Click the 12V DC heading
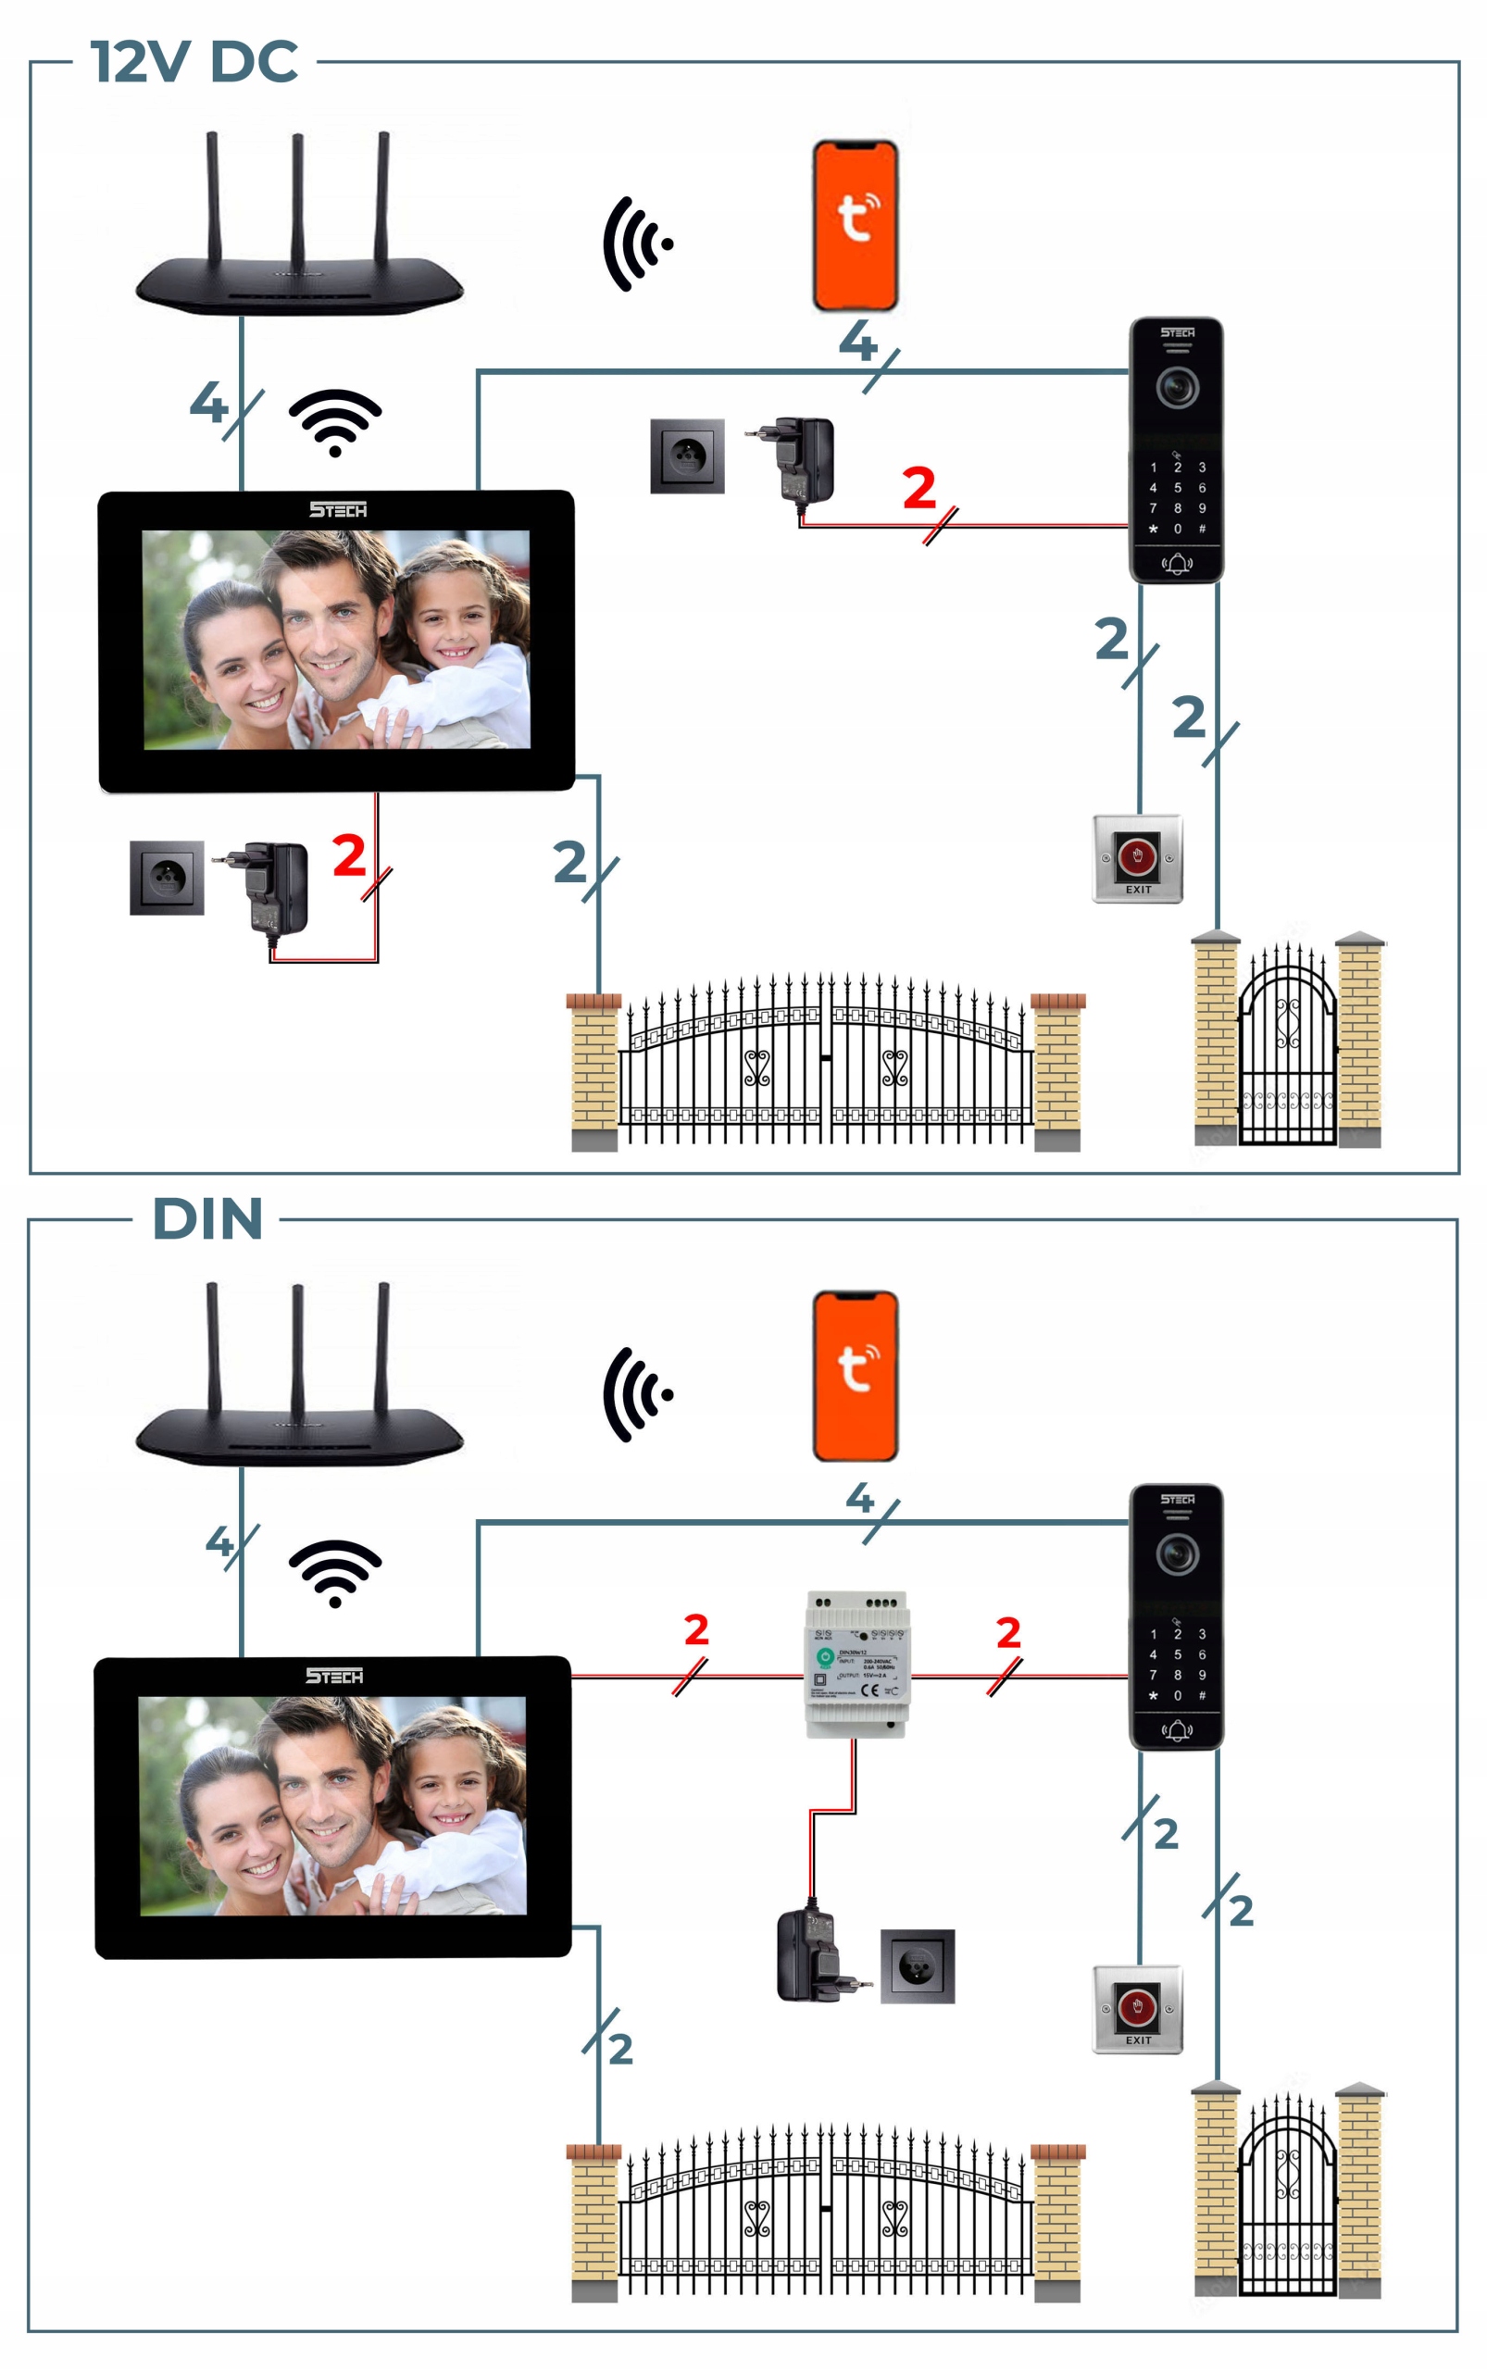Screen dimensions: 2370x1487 (x=194, y=61)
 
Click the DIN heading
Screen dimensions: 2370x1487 (x=207, y=1218)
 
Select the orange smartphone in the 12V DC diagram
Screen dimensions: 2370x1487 (x=855, y=225)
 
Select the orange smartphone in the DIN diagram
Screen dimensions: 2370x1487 (x=855, y=1376)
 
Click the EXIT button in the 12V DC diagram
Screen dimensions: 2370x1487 (x=1137, y=857)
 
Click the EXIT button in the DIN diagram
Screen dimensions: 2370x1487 (x=1137, y=2008)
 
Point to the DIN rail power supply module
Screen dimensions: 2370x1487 (x=856, y=1663)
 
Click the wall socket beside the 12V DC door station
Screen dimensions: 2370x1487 (x=686, y=456)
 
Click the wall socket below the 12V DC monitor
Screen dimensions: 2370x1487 (x=167, y=878)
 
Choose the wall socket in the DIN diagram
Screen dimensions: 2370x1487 (x=917, y=1965)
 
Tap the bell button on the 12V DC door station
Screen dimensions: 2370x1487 (x=1176, y=564)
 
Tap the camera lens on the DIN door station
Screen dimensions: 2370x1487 (x=1176, y=1553)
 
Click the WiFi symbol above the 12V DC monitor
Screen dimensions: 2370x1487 (x=334, y=422)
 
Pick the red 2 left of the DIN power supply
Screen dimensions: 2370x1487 (x=696, y=1629)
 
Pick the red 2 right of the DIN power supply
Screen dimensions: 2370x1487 (x=1008, y=1632)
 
